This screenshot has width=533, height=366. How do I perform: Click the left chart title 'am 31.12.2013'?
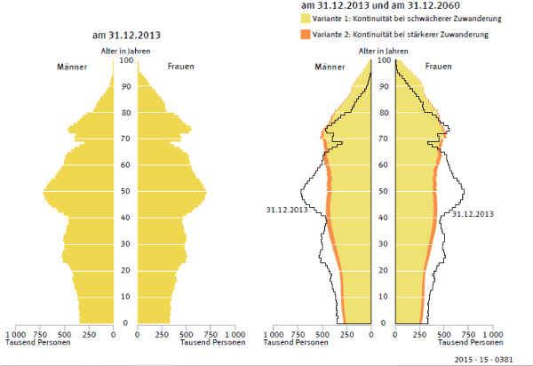(126, 36)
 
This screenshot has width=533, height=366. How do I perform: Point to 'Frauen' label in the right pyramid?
(438, 68)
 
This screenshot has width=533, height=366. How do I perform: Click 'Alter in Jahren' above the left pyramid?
(125, 52)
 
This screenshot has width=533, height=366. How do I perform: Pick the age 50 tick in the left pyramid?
(125, 191)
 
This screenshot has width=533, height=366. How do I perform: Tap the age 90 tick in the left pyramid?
(125, 86)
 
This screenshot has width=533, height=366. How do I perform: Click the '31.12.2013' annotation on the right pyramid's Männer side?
(287, 210)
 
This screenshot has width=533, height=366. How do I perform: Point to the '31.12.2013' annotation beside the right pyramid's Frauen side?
(473, 214)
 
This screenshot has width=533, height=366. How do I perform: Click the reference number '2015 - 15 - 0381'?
(497, 359)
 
